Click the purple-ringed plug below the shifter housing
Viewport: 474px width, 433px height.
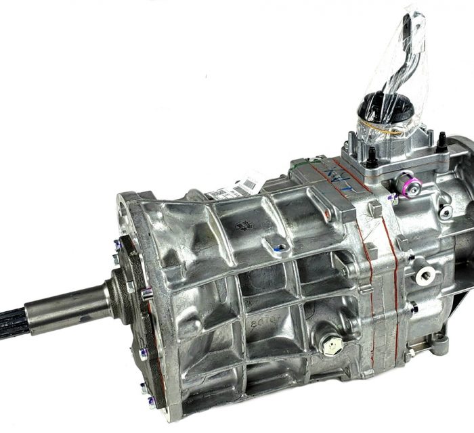[x=406, y=181]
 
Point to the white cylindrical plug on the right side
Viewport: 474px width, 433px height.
[x=425, y=274]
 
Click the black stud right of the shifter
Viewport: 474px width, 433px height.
[x=441, y=145]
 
